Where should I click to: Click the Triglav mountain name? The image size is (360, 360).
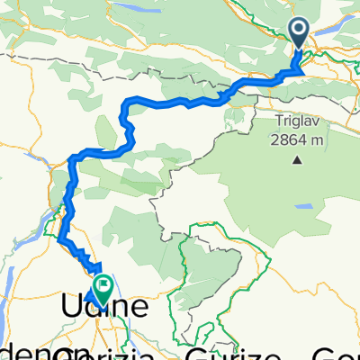coord(301,122)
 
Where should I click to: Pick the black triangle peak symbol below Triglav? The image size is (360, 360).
coord(297,161)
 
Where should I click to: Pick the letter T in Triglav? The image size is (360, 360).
coord(281,121)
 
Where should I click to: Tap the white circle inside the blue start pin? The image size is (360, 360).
coord(301,31)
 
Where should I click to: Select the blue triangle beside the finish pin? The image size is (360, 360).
coord(93,294)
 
